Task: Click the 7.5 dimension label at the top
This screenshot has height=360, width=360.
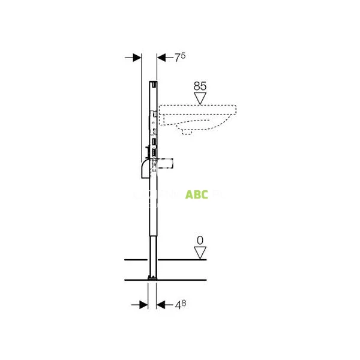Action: [179, 57]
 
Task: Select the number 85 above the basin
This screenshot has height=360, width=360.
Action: [200, 86]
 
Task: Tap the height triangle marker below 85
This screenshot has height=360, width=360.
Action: [200, 98]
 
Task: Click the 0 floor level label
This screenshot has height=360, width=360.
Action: [200, 240]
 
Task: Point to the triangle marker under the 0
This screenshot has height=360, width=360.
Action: [200, 252]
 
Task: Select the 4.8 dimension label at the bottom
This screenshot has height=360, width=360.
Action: [180, 305]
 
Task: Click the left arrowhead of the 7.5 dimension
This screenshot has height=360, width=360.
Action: [136, 57]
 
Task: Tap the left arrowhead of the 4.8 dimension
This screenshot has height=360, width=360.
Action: [143, 305]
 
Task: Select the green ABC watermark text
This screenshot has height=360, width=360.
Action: [196, 194]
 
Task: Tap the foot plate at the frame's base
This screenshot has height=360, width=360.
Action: [152, 278]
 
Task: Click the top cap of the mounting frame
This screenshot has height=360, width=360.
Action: [153, 83]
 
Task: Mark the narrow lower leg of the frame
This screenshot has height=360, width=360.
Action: [152, 252]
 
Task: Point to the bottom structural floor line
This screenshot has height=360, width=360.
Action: [165, 280]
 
